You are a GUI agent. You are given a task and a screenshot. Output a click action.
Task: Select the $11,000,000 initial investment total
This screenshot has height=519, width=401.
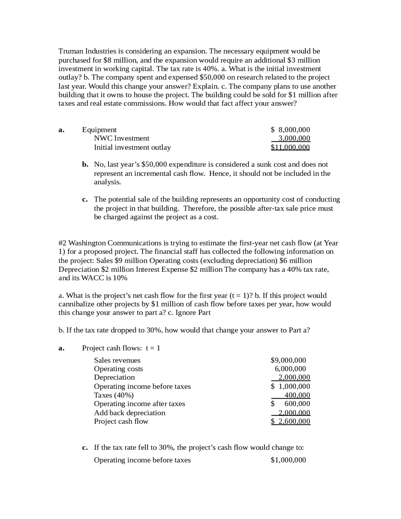(290, 147)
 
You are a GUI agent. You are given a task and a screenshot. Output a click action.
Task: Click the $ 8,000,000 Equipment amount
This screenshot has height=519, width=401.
(290, 130)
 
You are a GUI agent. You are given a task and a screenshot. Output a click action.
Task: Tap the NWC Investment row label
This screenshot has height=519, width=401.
(122, 138)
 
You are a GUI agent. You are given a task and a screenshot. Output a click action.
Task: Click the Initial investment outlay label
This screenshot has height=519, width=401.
(132, 147)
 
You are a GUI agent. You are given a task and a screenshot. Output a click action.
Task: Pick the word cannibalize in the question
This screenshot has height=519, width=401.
(76, 304)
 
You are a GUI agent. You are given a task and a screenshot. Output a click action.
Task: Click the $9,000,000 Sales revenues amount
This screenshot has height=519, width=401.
(288, 360)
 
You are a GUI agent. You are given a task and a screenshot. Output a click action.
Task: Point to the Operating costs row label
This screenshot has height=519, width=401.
(118, 369)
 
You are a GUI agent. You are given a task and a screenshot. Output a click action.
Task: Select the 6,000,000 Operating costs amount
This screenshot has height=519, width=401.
(290, 369)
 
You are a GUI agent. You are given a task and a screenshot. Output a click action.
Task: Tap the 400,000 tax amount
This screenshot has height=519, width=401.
(297, 395)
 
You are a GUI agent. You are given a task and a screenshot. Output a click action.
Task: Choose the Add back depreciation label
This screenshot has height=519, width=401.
(129, 413)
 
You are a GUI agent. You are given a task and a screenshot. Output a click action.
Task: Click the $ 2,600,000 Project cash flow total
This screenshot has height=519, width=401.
(290, 421)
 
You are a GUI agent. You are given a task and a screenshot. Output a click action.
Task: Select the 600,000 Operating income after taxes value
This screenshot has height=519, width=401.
(297, 404)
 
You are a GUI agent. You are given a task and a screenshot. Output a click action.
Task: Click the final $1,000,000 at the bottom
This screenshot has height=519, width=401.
(288, 460)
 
